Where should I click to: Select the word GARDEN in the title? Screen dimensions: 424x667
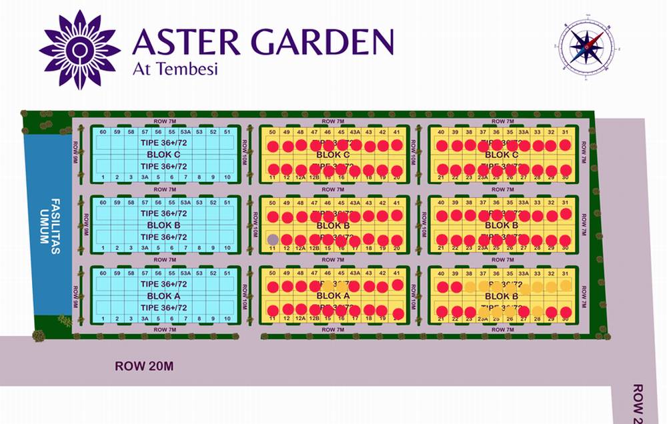[x=321, y=42]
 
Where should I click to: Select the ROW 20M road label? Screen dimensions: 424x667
[x=144, y=365]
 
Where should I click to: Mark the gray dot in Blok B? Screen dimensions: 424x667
[x=272, y=239]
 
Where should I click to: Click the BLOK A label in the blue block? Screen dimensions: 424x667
[x=163, y=296]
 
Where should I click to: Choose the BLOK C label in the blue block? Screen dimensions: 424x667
[x=163, y=154]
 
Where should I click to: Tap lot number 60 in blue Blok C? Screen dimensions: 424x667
[x=103, y=131]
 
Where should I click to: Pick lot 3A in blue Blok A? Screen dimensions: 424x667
[x=145, y=319]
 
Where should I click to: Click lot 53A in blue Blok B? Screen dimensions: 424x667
[x=186, y=202]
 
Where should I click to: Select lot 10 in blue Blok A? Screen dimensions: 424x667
[x=227, y=319]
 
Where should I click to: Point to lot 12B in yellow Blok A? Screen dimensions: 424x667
[x=314, y=319]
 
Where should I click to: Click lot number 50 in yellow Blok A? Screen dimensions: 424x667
[x=272, y=273]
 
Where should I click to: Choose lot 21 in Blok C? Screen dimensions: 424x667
[x=441, y=177]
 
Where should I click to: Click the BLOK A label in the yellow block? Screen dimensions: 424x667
[x=333, y=295]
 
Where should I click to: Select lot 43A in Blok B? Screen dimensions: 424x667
[x=355, y=202]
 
